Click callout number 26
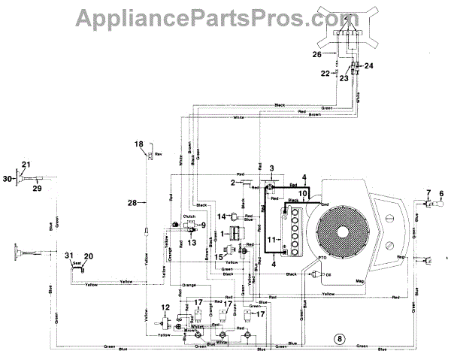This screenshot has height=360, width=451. point(317,54)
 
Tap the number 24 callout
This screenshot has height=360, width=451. point(368,66)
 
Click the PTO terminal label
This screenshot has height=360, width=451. point(323,258)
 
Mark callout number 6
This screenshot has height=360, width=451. point(441,194)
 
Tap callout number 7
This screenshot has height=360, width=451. point(428,194)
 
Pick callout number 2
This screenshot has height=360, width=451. point(235,183)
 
